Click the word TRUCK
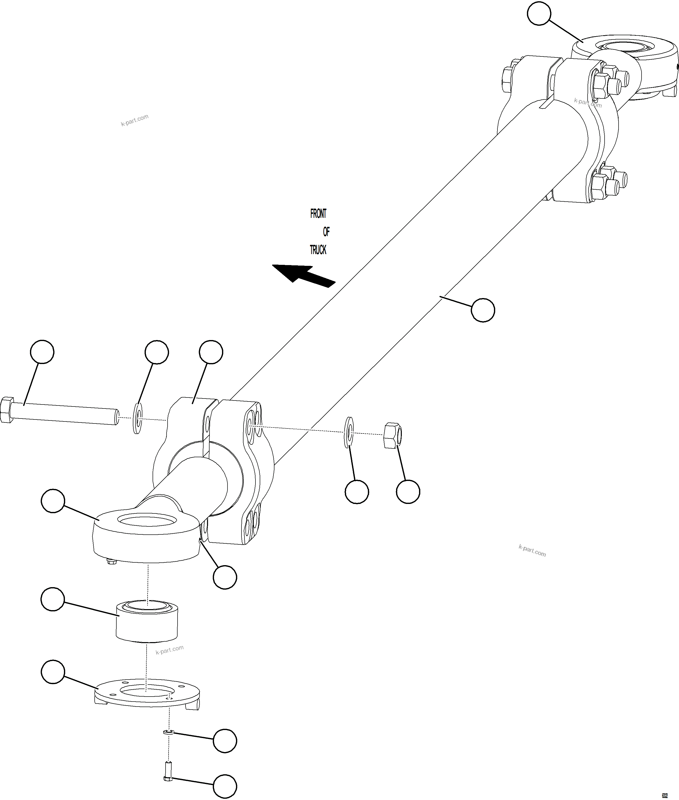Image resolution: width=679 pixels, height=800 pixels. click(x=318, y=250)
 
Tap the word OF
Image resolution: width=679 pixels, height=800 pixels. click(x=326, y=232)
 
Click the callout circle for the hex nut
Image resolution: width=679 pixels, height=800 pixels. click(x=408, y=491)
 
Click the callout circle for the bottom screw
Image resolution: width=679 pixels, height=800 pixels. click(x=225, y=786)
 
